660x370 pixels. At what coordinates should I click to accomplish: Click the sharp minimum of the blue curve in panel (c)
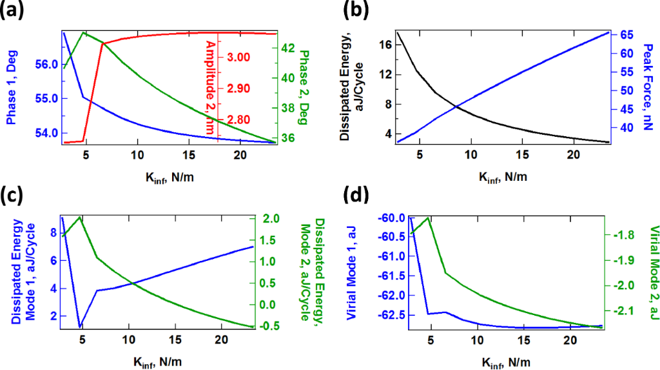pos(79,327)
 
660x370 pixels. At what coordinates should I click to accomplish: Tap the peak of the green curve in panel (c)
pos(79,217)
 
